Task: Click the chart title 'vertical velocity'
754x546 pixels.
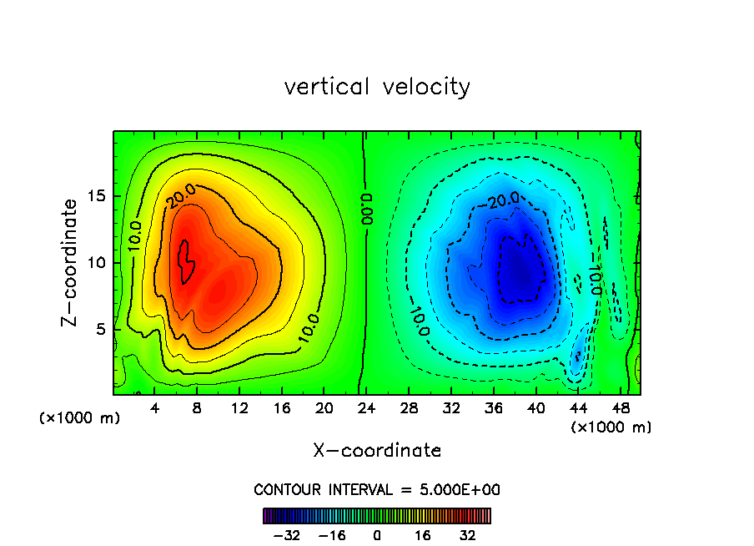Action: pos(377,87)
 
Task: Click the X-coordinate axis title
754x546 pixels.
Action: pos(377,451)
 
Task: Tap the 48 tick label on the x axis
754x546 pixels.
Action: pos(620,409)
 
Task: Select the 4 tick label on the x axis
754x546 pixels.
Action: pos(155,409)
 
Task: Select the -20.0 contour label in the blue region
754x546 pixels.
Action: pos(504,199)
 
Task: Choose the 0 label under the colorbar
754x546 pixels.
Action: pos(377,535)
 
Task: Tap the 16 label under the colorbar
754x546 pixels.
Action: pos(423,535)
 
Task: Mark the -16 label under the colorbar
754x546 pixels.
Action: pos(333,535)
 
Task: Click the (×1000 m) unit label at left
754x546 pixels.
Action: pos(79,417)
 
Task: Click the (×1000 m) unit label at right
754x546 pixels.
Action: pos(611,427)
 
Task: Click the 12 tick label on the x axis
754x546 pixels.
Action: pos(239,409)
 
